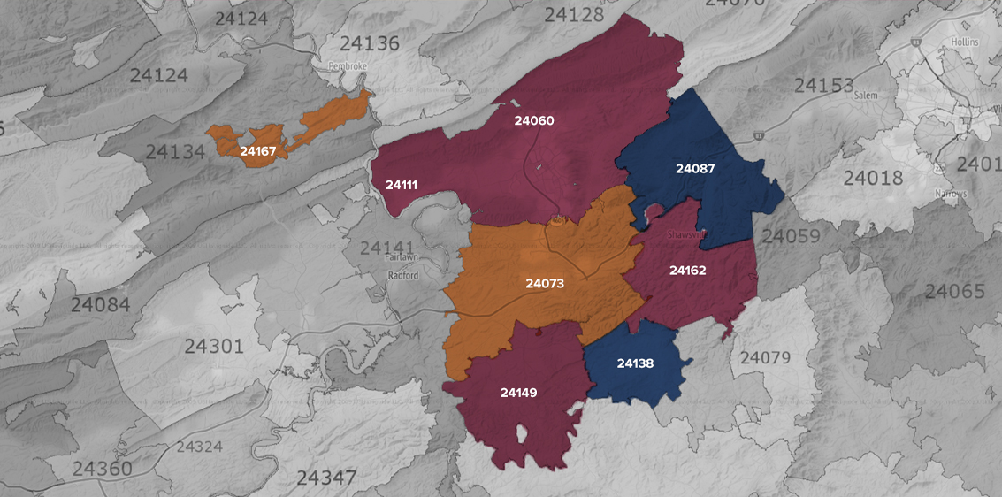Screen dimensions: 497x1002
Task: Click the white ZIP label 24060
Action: (x=534, y=120)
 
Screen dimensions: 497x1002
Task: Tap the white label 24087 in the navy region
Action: (x=695, y=168)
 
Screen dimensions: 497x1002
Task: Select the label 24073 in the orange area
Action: (x=545, y=284)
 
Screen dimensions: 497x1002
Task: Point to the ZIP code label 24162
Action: (x=687, y=270)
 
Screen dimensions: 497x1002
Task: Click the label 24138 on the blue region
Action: (x=636, y=363)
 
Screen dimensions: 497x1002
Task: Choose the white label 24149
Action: (x=518, y=392)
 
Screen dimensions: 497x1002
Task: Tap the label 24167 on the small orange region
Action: (x=258, y=151)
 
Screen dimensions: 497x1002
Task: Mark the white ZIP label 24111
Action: (x=402, y=185)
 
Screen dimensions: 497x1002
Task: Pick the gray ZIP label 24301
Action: (x=213, y=345)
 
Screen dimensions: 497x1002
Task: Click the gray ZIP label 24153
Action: (x=823, y=86)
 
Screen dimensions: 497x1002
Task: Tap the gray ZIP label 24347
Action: (x=326, y=478)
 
